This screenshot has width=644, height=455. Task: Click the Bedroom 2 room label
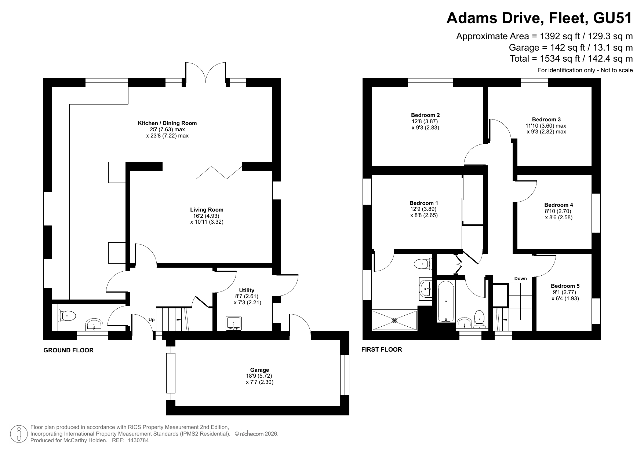[x=425, y=115]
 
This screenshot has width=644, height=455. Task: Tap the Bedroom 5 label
[x=565, y=286]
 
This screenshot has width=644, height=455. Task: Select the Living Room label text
[x=207, y=210]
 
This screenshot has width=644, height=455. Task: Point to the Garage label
[x=259, y=370]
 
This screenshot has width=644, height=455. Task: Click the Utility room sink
[x=234, y=323]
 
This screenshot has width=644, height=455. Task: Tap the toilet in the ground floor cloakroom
[x=66, y=315]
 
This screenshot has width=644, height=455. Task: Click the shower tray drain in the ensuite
[x=394, y=320]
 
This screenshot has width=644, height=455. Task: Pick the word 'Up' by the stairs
[x=152, y=320]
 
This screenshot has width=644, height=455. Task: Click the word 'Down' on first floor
[x=520, y=279]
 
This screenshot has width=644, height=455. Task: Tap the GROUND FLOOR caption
[x=69, y=350]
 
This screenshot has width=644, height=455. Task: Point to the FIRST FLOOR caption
[x=382, y=349]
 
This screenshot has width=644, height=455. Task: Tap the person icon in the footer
[x=18, y=434]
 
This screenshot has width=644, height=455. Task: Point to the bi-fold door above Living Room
[x=219, y=172]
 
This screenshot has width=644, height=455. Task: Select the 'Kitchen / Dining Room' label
[x=167, y=123]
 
